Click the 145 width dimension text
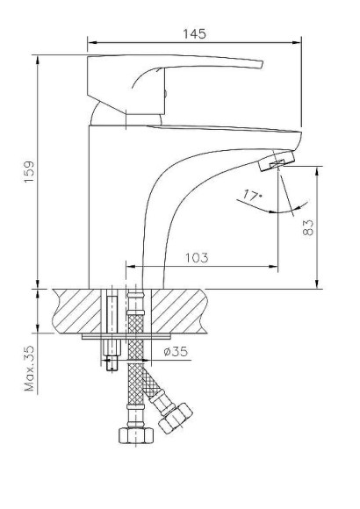tap(194, 33)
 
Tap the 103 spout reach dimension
tap(198, 257)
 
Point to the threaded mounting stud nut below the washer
tap(112, 361)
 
